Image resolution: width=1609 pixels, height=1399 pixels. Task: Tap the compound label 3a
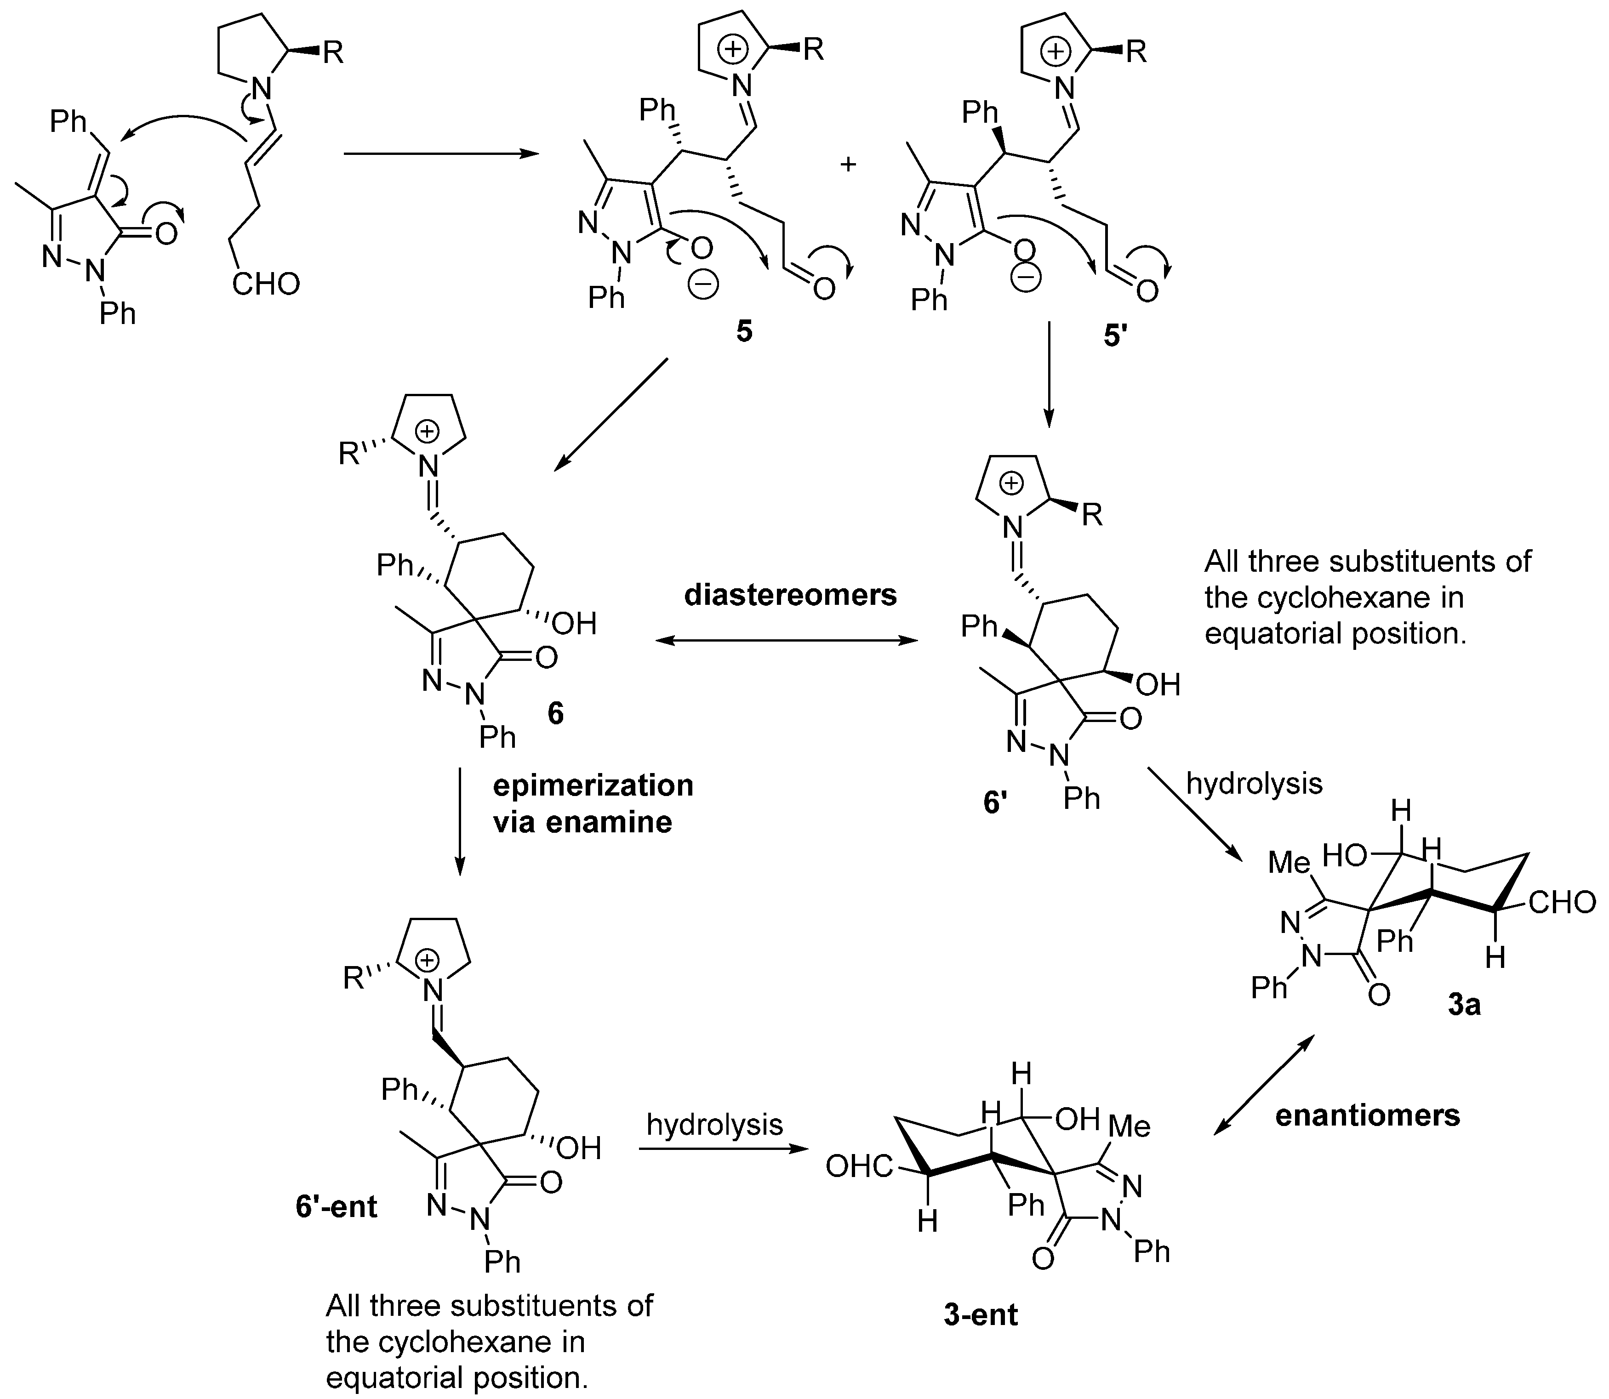point(1464,1005)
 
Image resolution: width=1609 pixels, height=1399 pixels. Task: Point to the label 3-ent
point(981,1315)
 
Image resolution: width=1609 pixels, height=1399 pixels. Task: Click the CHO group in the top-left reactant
point(265,284)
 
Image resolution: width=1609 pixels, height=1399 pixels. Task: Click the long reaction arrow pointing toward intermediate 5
point(441,154)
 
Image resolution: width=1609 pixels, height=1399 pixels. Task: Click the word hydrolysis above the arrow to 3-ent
point(714,1124)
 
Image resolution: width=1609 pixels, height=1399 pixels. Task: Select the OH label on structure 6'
point(1158,685)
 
